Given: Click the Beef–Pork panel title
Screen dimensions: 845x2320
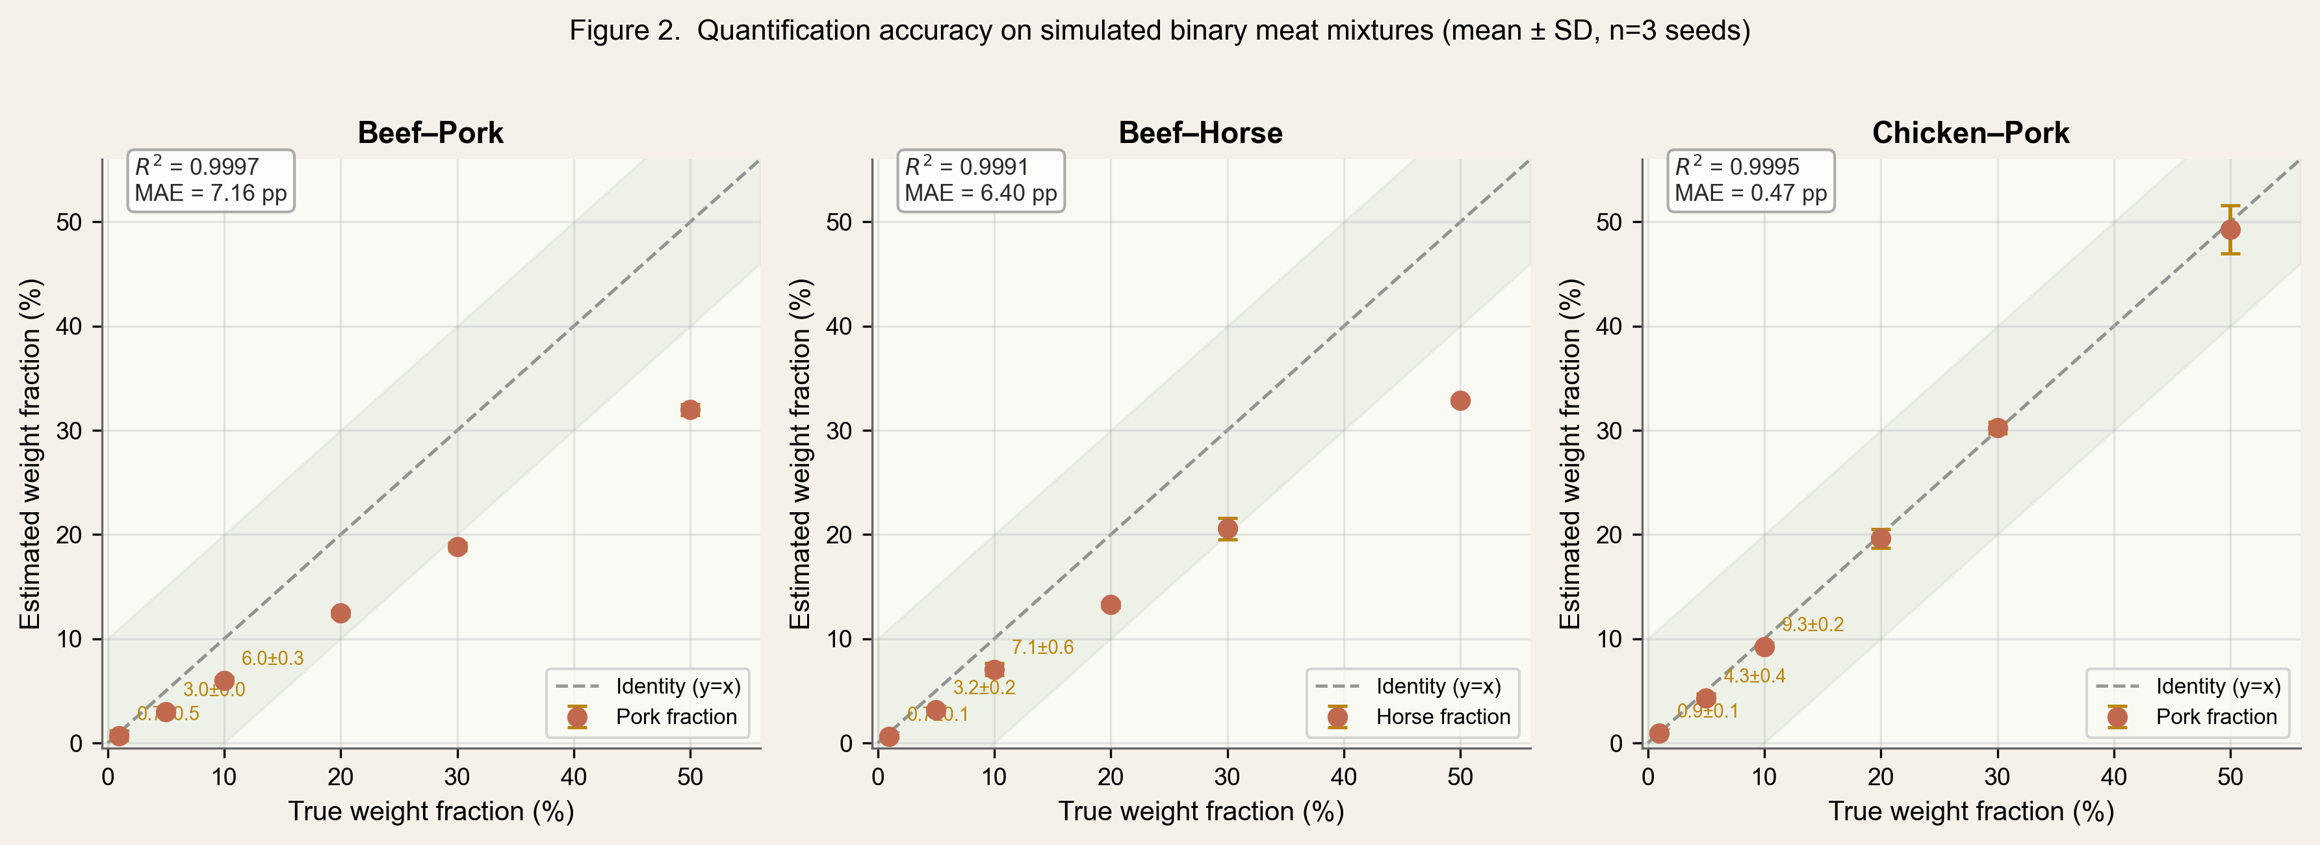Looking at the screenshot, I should click(430, 133).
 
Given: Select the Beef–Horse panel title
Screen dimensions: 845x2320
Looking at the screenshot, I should click(1200, 133).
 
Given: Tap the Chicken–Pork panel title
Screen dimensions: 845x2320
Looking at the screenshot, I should click(1970, 133).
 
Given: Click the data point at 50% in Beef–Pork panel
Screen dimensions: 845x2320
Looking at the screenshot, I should click(690, 410).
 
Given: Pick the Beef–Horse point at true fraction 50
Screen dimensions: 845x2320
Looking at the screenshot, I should click(1460, 401).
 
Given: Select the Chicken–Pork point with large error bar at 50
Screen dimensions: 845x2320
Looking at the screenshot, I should click(2230, 229).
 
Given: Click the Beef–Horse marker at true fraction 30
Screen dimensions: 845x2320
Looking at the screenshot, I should click(1228, 529).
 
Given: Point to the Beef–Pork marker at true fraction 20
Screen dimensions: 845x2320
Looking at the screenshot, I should click(341, 614).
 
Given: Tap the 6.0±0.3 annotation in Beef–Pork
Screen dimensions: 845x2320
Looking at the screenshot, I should click(272, 658).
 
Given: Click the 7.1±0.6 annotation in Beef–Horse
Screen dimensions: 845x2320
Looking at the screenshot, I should click(1042, 647).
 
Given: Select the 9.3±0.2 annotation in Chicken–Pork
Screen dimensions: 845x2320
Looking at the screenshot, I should click(1812, 624).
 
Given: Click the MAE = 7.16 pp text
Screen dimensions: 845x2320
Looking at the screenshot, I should click(211, 194).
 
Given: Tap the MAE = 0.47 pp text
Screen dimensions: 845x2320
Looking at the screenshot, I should click(1750, 194).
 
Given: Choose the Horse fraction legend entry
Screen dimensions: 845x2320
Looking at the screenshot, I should click(1443, 717).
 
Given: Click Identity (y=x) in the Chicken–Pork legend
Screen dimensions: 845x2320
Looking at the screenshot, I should click(2217, 686).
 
